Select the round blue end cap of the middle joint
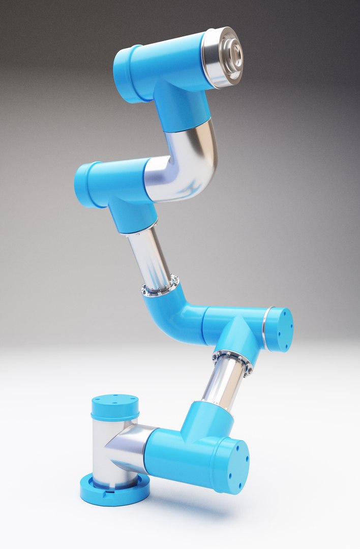tap(280, 329)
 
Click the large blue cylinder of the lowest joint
tap(183, 455)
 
